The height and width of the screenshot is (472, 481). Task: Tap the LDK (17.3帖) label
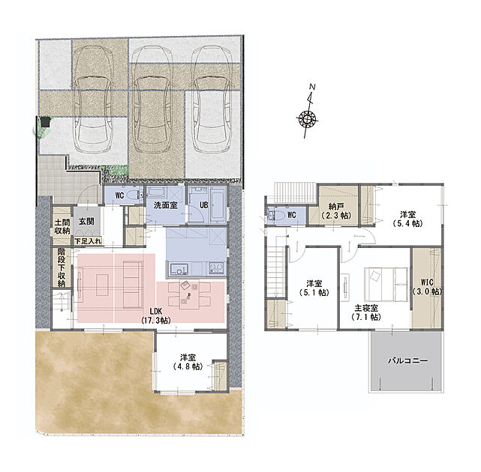pyautogui.click(x=156, y=315)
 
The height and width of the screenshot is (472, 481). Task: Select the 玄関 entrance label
pyautogui.click(x=86, y=222)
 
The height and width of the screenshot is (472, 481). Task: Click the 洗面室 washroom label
pyautogui.click(x=166, y=205)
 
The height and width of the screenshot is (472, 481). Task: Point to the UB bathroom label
pyautogui.click(x=204, y=205)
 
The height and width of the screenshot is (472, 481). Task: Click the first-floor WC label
pyautogui.click(x=119, y=195)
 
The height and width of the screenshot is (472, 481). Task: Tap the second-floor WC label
pyautogui.click(x=292, y=215)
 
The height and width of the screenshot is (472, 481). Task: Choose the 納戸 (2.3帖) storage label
pyautogui.click(x=336, y=211)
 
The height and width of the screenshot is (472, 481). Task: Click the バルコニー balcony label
pyautogui.click(x=407, y=360)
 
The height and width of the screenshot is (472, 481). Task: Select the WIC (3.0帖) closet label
pyautogui.click(x=427, y=287)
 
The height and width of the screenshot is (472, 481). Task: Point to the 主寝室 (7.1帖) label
pyautogui.click(x=367, y=312)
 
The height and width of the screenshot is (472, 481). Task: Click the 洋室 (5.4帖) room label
pyautogui.click(x=408, y=219)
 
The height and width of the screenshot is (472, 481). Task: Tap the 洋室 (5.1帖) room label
pyautogui.click(x=314, y=288)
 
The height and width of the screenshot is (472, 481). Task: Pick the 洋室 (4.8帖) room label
pyautogui.click(x=188, y=362)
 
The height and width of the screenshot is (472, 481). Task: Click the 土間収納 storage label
pyautogui.click(x=62, y=226)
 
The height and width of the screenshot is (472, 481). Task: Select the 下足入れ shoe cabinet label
pyautogui.click(x=88, y=241)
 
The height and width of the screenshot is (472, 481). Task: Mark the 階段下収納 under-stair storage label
pyautogui.click(x=62, y=267)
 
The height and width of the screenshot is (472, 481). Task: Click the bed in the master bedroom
pyautogui.click(x=386, y=284)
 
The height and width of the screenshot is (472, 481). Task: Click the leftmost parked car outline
pyautogui.click(x=92, y=99)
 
